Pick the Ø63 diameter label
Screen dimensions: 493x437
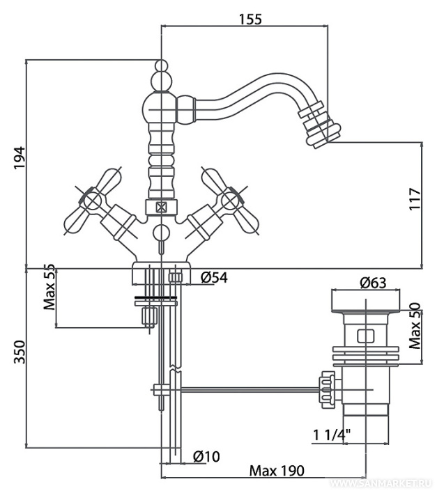374,283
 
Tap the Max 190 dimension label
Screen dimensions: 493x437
277,471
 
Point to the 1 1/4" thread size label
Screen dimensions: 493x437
332,436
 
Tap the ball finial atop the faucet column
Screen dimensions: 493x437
162,68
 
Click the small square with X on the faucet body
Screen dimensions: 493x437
162,206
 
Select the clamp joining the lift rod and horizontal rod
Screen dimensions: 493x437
160,390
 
